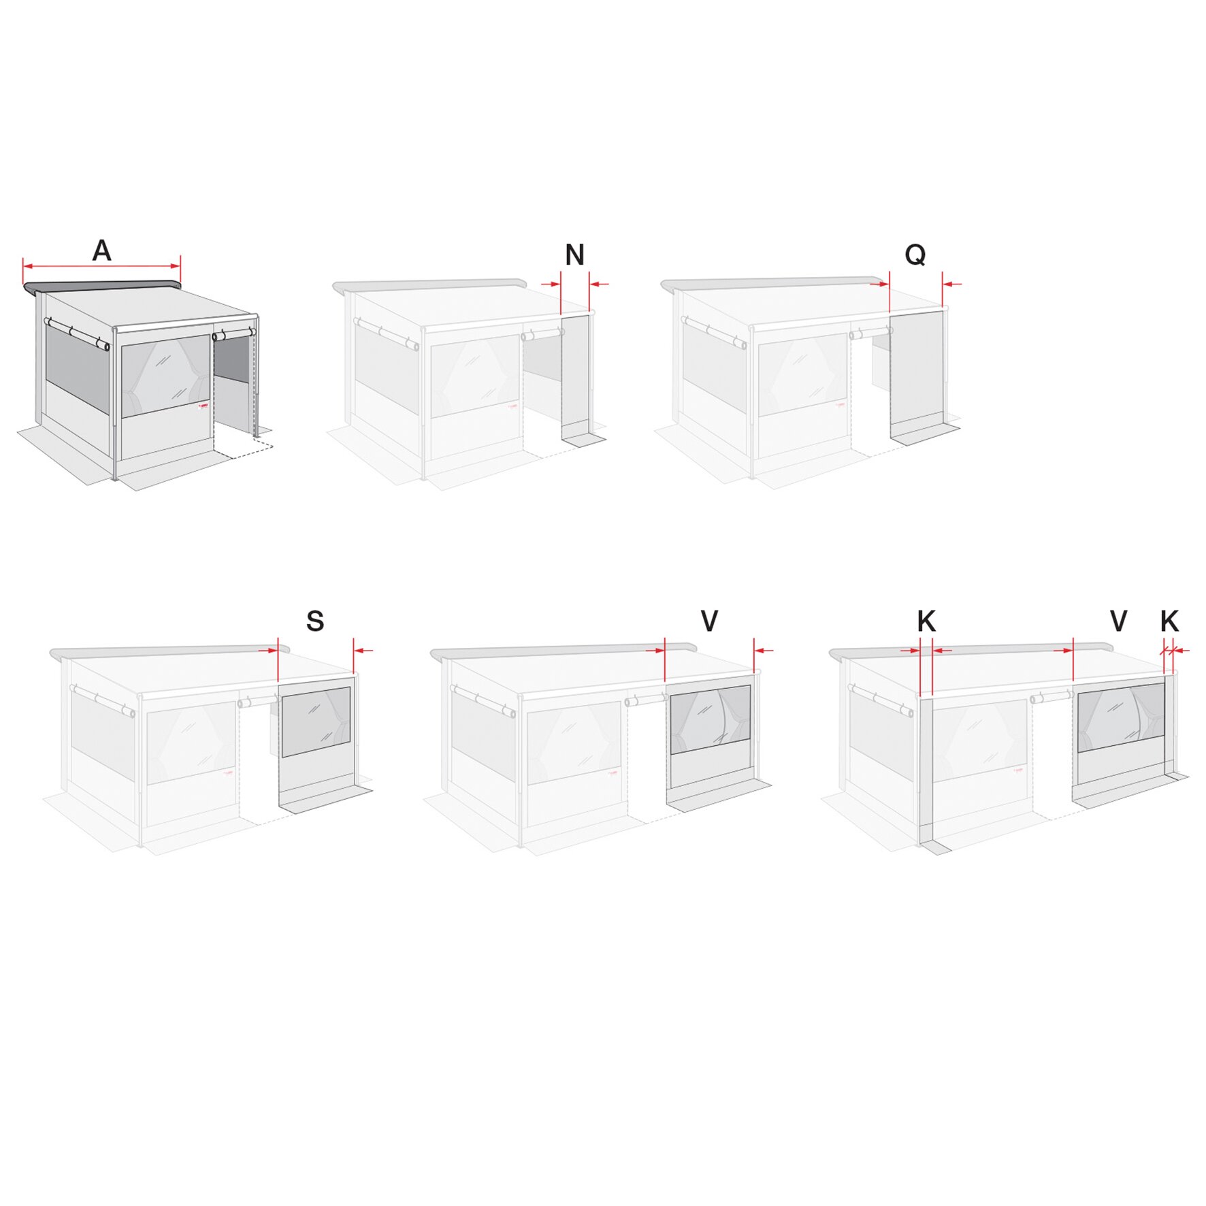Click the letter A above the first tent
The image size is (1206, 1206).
click(x=101, y=250)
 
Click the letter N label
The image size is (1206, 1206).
click(x=574, y=255)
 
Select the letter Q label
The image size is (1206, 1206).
click(x=915, y=255)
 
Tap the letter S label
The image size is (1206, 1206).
click(x=314, y=621)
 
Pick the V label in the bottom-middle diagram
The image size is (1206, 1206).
click(x=708, y=621)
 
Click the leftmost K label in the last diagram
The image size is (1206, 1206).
click(x=926, y=621)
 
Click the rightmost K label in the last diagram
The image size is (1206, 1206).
click(x=1169, y=621)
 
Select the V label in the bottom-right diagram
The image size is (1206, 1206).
click(x=1118, y=621)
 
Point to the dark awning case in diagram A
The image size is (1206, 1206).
click(x=102, y=287)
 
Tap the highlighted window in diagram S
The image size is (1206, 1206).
click(x=316, y=721)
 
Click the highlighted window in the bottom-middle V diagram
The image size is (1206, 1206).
click(x=710, y=719)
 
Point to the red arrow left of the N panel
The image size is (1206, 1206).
click(x=550, y=284)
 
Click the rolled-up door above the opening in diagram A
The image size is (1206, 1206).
click(x=233, y=335)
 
